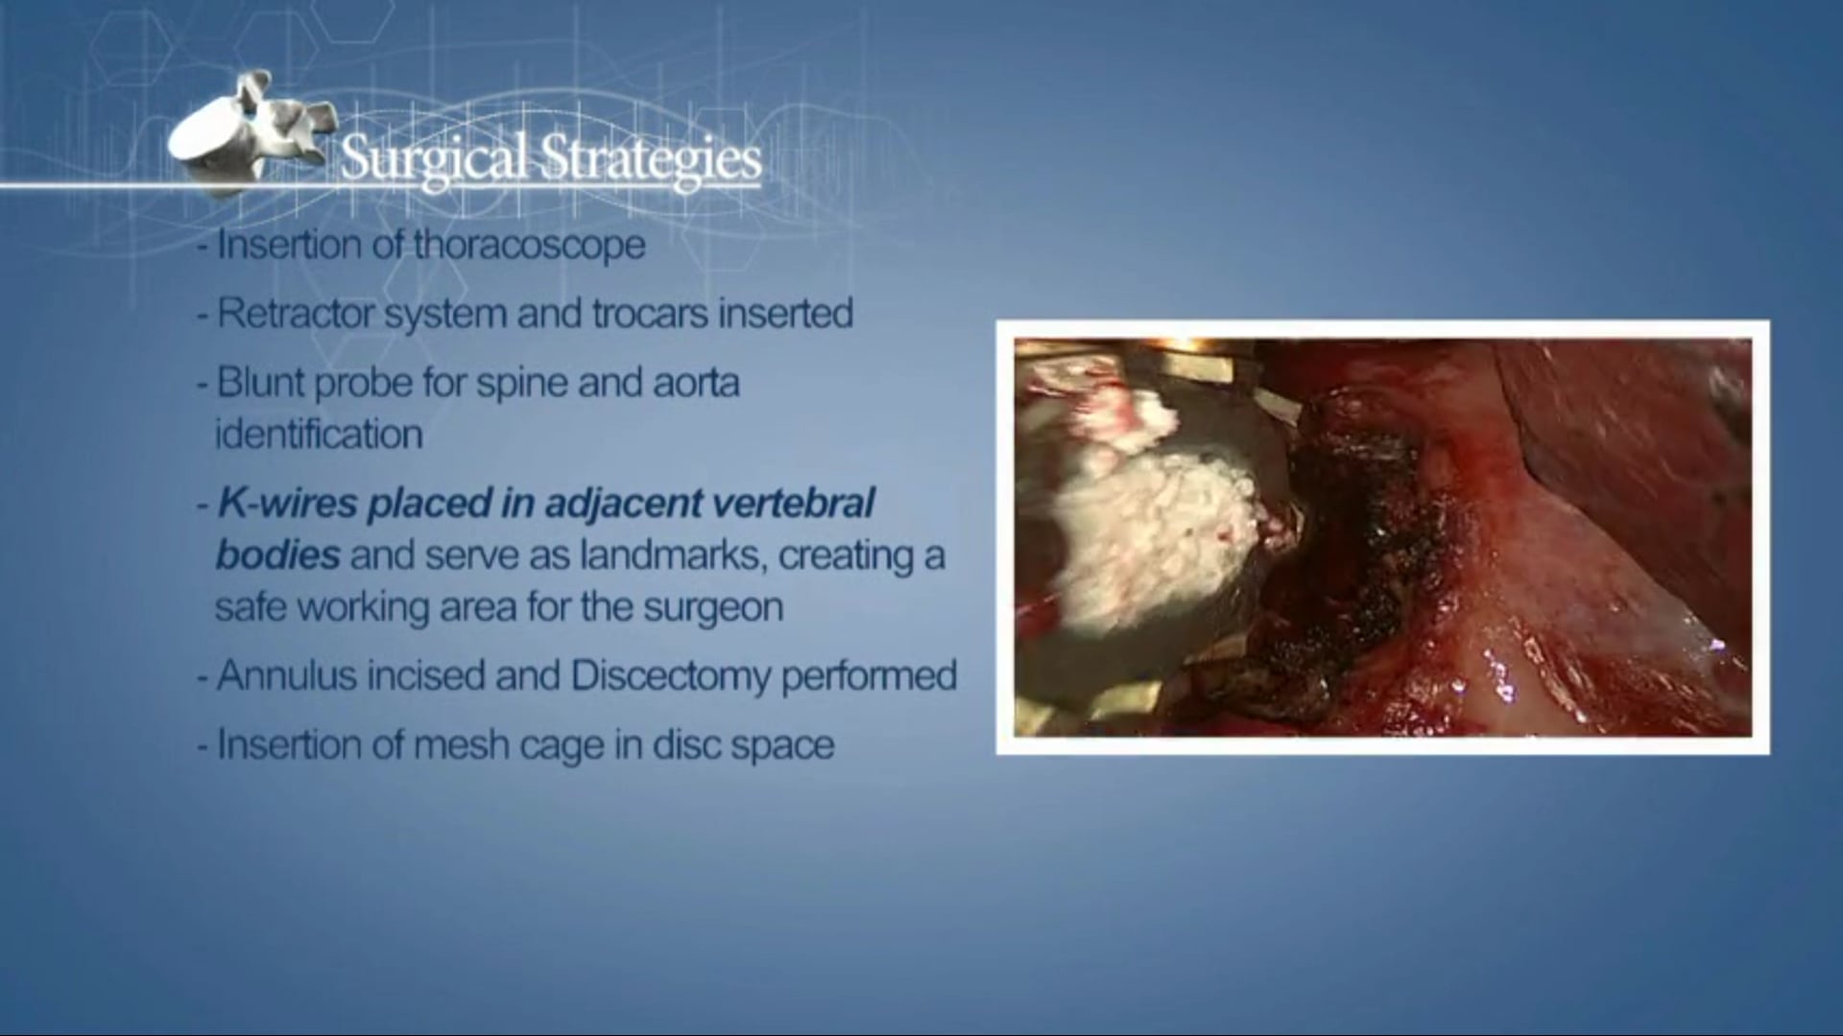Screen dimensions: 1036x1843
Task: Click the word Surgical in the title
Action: (x=434, y=158)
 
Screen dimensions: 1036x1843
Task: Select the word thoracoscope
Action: (x=529, y=246)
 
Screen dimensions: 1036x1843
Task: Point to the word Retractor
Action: (x=296, y=314)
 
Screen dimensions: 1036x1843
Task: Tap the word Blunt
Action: (x=259, y=383)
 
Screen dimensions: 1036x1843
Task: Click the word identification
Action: (x=319, y=435)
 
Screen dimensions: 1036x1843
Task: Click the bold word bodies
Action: (x=277, y=554)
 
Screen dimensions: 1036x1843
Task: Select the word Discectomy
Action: (x=669, y=675)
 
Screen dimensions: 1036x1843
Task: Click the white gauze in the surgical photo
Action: (x=1133, y=508)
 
